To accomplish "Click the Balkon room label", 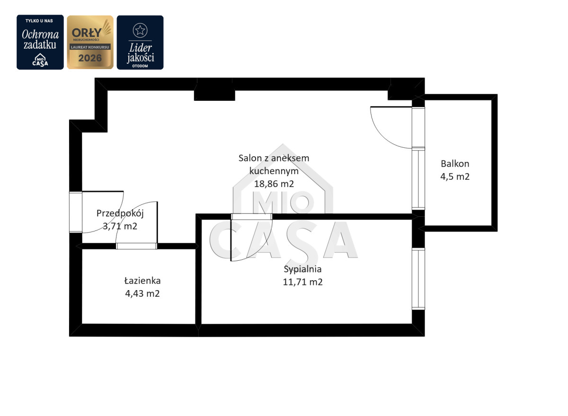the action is (455, 164).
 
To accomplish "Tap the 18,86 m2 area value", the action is (274, 184).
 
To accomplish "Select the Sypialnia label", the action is (302, 269).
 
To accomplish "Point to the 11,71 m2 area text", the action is (302, 282).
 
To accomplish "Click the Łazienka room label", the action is (142, 281).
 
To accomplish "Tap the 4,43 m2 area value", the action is (142, 293).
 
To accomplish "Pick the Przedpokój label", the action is (120, 213).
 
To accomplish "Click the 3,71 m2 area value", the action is (120, 226).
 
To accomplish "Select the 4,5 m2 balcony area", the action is (455, 177).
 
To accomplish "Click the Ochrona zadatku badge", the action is (40, 42).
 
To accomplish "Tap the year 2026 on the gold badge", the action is (90, 58).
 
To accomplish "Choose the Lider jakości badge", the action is (140, 42).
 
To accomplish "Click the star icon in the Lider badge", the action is (140, 30).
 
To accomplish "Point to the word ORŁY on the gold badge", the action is (87, 33).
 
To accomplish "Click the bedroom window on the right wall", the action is (418, 279).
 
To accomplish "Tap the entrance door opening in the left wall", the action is (76, 212).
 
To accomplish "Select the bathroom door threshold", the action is (136, 246).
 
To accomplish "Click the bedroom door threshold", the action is (251, 217).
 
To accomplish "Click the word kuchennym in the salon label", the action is (274, 171).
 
